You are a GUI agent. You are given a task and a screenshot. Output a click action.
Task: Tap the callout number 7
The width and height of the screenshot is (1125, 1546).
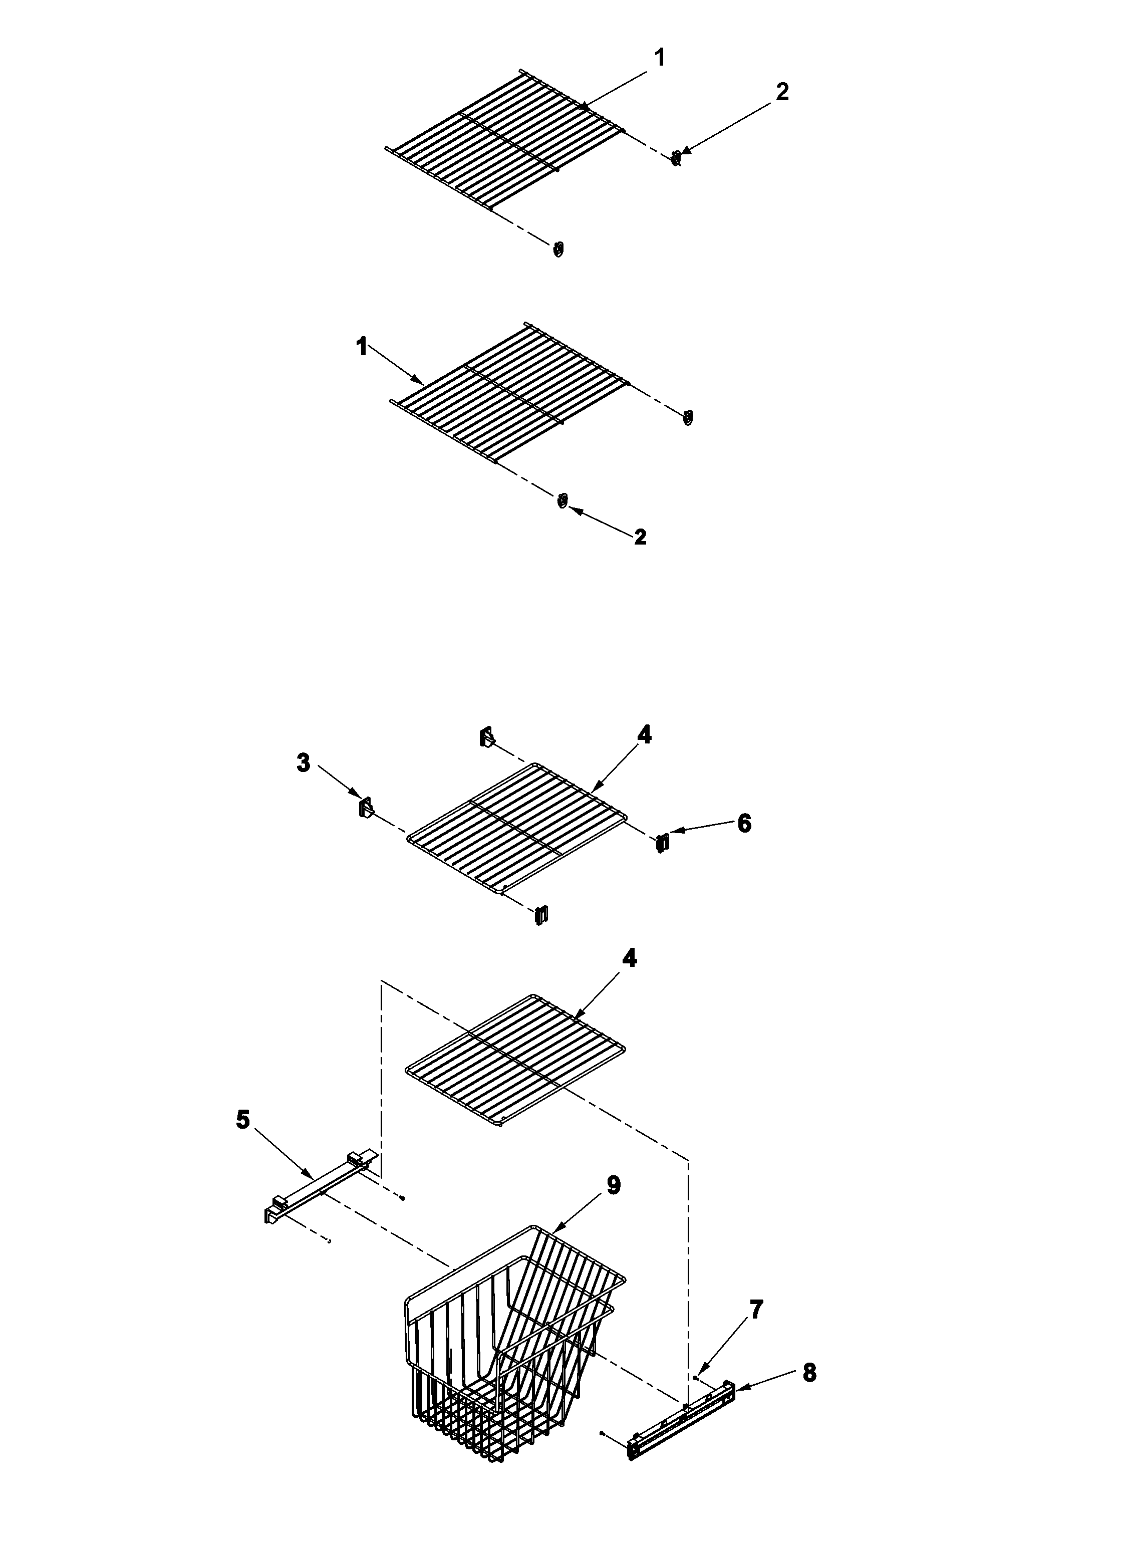(x=756, y=1309)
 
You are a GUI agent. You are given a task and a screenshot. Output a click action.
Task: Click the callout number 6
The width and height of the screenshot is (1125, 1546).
(x=744, y=823)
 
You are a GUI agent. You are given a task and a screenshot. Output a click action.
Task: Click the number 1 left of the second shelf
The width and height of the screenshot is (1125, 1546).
(x=361, y=347)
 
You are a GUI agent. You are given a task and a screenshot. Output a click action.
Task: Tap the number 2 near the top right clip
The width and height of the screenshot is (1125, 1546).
(x=782, y=91)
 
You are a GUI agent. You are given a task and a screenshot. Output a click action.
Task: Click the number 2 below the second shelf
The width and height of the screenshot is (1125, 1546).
(x=640, y=537)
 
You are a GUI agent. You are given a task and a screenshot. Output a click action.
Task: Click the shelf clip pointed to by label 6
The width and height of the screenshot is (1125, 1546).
(x=662, y=843)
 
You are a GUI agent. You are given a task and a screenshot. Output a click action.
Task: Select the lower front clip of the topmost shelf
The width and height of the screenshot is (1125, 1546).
(x=558, y=249)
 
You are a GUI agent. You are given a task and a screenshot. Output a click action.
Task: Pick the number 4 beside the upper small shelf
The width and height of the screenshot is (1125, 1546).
(x=644, y=735)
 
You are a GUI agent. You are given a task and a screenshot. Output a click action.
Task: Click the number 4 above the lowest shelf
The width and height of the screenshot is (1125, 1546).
(x=630, y=958)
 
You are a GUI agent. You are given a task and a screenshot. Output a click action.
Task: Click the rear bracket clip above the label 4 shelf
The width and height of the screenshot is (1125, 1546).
(x=486, y=736)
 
